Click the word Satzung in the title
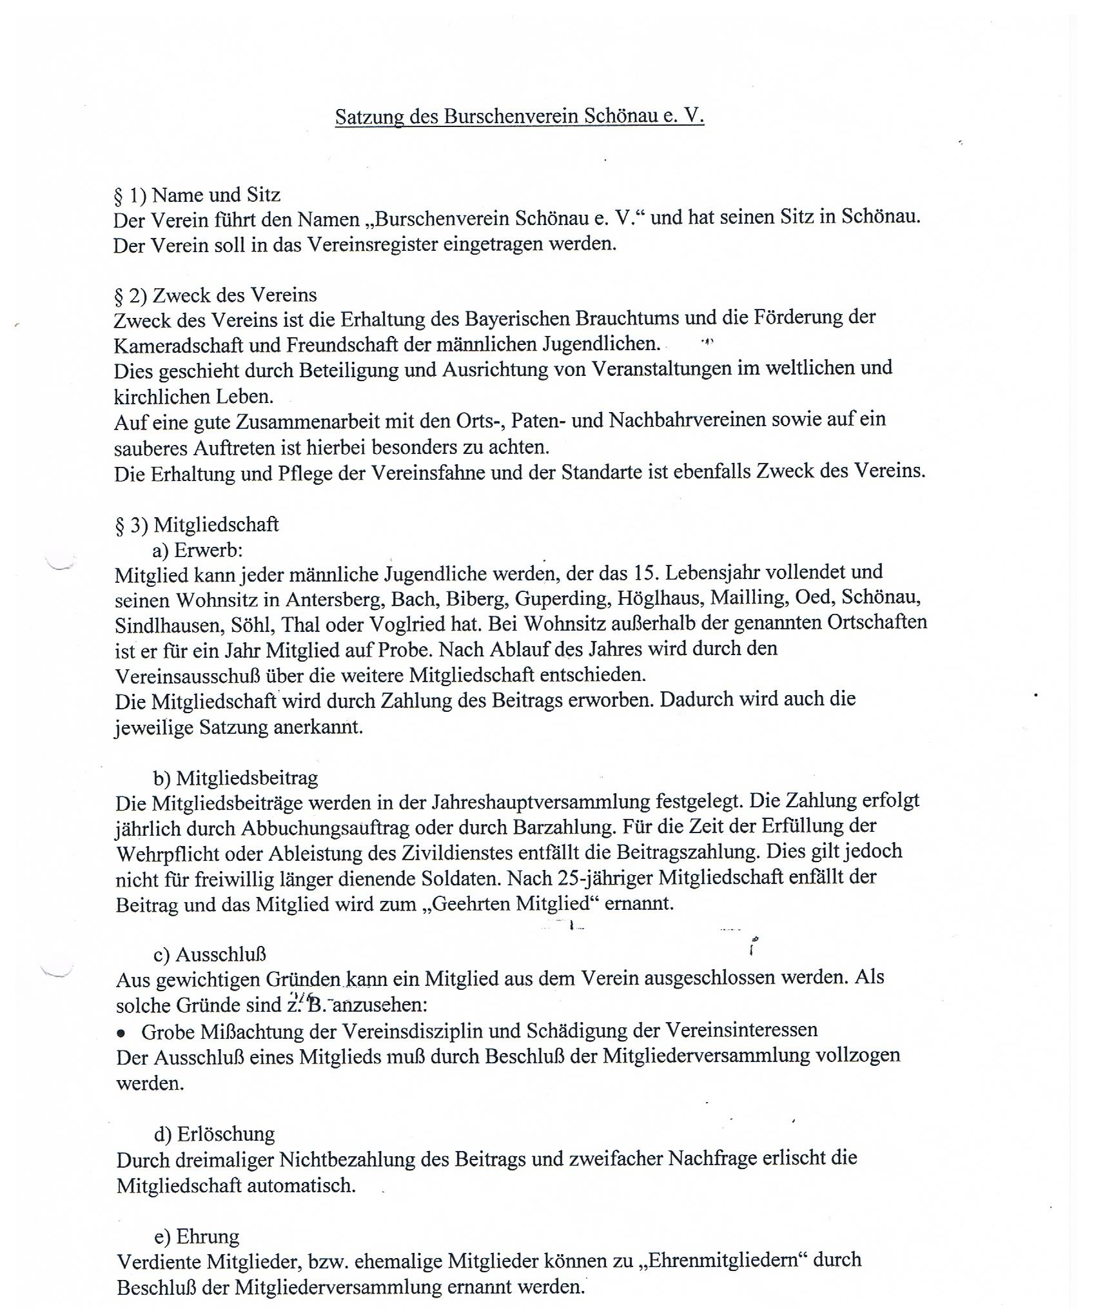(x=364, y=117)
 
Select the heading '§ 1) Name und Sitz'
(x=197, y=194)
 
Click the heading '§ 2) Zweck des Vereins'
(x=215, y=295)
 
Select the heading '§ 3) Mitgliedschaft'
(x=197, y=525)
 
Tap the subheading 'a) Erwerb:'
(x=197, y=550)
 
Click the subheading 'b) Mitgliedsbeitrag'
(x=235, y=778)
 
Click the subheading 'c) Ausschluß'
(x=210, y=954)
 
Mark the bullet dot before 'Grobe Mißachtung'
(x=121, y=1033)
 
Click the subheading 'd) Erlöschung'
(x=214, y=1134)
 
